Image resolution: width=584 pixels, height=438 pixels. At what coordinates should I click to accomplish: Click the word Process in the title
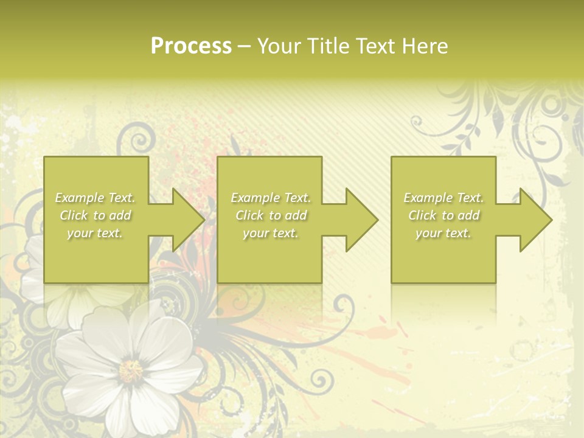(x=191, y=46)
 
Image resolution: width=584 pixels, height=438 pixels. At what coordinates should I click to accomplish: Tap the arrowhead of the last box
(x=535, y=220)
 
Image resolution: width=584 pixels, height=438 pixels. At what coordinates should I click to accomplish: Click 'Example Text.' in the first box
(x=95, y=198)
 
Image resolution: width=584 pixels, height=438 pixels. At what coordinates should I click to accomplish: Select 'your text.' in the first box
(x=95, y=233)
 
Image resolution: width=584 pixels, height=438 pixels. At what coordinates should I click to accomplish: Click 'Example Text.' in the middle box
(x=271, y=198)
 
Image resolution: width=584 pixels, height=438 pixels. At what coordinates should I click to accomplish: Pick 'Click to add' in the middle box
(x=271, y=215)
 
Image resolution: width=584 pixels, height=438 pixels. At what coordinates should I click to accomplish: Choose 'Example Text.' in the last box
(x=443, y=198)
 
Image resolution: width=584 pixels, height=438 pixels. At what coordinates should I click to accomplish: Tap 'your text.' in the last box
(x=443, y=233)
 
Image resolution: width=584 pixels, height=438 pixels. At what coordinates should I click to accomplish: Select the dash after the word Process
(x=244, y=46)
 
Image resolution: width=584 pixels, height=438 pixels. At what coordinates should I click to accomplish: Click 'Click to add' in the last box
(x=443, y=215)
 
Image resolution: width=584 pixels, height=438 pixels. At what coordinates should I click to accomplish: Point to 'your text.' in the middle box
(x=271, y=233)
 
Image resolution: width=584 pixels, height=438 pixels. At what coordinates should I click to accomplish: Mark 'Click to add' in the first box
(x=95, y=215)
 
